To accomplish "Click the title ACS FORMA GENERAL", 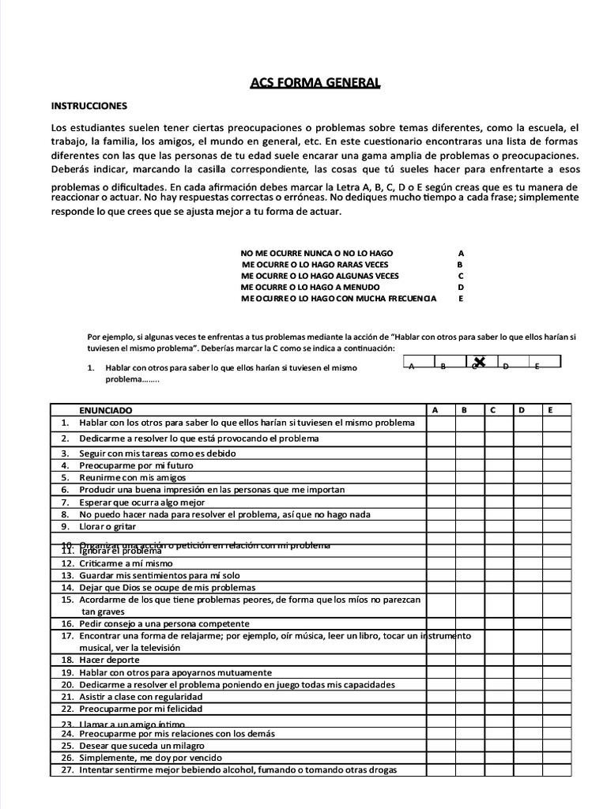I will click(x=315, y=83).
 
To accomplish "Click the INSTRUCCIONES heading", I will click(x=89, y=105).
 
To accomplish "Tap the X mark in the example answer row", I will click(x=480, y=362).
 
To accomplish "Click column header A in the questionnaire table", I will click(x=435, y=410).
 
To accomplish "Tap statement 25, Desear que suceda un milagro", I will click(x=142, y=746).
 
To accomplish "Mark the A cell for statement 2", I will click(x=440, y=438).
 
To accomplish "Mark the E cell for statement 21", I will click(x=556, y=697).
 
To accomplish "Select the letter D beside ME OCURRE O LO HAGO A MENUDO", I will click(x=461, y=288).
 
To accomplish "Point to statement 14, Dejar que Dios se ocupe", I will click(x=167, y=588).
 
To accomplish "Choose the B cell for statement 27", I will click(x=469, y=770).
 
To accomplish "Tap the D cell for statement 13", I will click(x=527, y=576).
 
